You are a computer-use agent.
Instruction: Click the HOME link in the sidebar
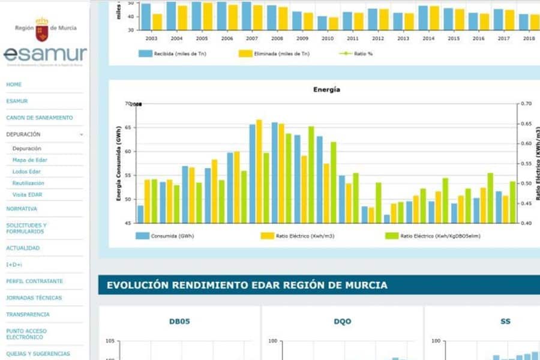14,85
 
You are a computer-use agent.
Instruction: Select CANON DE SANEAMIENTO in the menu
39,118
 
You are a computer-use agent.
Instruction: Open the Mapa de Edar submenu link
29,160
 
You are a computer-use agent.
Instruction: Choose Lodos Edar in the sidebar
26,172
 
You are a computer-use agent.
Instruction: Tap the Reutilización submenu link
28,183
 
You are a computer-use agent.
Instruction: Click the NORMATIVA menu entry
22,209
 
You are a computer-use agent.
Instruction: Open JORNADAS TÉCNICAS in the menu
34,298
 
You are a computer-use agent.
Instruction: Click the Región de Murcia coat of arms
42,28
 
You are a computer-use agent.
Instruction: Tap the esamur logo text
45,55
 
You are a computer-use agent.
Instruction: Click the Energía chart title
326,89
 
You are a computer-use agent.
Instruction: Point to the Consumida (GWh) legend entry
173,236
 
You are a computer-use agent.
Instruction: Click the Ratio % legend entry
364,53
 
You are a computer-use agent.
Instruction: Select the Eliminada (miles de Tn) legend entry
290,53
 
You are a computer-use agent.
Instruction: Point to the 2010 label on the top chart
327,38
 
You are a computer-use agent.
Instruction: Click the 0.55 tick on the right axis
526,164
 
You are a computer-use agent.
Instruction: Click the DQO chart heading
342,322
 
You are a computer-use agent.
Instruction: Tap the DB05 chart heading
179,322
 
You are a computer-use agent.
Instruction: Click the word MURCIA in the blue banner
363,285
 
